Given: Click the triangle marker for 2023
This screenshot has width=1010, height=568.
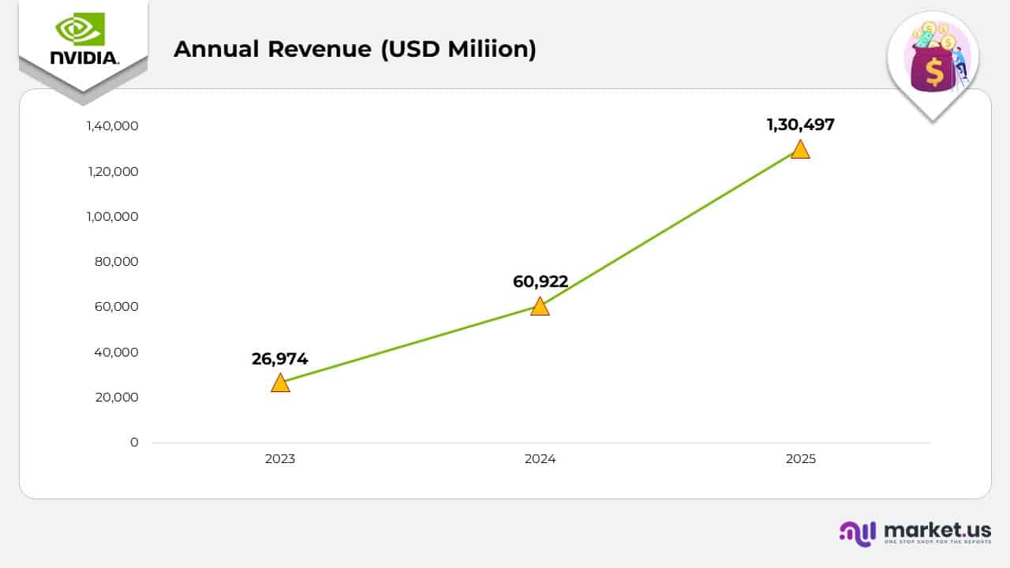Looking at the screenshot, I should [280, 383].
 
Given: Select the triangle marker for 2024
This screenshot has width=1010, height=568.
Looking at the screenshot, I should [540, 307].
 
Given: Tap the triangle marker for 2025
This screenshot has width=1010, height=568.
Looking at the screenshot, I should [800, 150].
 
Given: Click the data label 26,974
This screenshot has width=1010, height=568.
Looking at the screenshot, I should [280, 359].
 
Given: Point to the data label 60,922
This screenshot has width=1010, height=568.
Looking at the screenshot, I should [540, 282].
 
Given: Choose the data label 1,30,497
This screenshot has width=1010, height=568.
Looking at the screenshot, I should [800, 125].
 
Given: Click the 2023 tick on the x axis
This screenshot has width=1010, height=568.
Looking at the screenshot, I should [280, 459].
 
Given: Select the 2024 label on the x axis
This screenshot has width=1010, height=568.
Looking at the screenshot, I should [540, 459].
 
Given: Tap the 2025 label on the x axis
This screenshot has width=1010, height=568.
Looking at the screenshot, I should [800, 459].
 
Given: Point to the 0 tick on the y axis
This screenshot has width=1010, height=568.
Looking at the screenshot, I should [134, 443].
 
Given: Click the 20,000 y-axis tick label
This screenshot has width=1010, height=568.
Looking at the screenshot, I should [117, 398].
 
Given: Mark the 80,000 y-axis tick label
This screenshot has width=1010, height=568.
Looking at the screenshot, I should [117, 262].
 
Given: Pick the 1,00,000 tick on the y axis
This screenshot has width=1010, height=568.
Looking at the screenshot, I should [113, 217].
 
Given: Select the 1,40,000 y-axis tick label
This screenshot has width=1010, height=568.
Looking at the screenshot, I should [113, 126].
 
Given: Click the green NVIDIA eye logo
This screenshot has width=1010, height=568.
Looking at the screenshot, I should [80, 29].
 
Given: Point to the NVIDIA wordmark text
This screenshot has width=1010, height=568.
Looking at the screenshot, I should [84, 58].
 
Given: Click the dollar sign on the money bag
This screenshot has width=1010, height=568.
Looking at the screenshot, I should [934, 73].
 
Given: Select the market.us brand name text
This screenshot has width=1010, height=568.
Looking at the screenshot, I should [937, 529].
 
